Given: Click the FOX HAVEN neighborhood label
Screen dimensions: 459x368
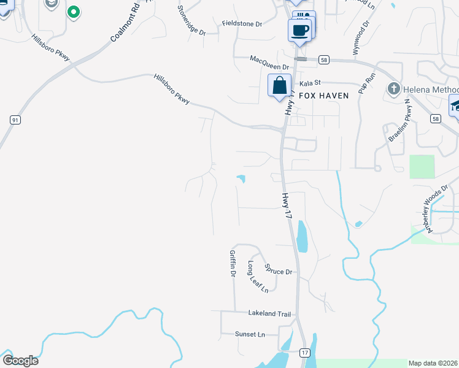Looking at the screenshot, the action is pos(323,96).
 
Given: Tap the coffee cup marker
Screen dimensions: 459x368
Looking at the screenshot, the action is pos(300,30).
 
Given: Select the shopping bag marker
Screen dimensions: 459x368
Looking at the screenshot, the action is pos(280,86).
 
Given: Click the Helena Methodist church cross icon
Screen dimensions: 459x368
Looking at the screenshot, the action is pos(394,90).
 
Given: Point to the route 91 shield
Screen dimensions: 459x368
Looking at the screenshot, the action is pos(14,120).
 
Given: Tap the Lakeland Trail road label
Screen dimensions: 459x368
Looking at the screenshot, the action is pos(269,314).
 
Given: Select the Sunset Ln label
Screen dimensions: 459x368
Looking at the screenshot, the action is pos(250,334).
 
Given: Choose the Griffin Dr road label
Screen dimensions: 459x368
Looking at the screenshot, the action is pos(233,263).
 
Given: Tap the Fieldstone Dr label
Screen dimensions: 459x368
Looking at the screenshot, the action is pos(242,23).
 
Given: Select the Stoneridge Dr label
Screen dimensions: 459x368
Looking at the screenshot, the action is pos(191,20).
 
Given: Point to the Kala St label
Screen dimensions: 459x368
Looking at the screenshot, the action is pos(310,83).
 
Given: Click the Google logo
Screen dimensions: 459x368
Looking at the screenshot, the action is pos(20,361).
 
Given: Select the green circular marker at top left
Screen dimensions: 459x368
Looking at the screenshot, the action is pos(74,12).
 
